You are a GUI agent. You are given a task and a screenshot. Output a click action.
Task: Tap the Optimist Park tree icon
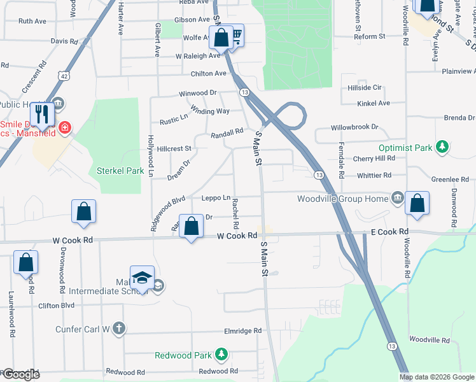442,148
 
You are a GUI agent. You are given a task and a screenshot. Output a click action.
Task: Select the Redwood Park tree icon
221,353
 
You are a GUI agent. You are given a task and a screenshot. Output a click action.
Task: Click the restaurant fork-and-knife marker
42,114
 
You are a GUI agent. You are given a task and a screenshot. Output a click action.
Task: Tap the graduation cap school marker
143,278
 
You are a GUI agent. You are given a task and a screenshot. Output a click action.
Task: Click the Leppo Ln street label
216,198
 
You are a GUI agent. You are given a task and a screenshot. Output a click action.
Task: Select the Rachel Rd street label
236,213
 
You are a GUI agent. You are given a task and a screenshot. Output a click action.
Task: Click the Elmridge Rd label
242,331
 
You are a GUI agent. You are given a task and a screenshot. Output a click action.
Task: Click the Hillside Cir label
364,87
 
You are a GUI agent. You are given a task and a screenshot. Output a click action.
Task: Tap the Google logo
20,374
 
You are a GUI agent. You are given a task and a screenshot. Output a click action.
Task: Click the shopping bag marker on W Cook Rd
191,226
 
